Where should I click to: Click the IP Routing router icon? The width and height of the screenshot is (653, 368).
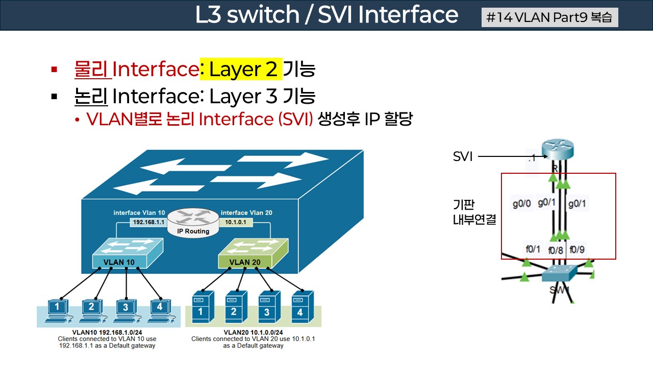pyautogui.click(x=193, y=223)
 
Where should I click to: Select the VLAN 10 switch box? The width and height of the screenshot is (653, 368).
pyautogui.click(x=127, y=255)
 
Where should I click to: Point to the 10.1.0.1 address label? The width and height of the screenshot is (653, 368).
pyautogui.click(x=236, y=223)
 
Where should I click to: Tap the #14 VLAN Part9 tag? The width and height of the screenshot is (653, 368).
pyautogui.click(x=549, y=17)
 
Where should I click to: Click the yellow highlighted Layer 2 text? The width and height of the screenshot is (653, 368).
pyautogui.click(x=241, y=70)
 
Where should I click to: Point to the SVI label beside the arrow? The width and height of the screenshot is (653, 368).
pyautogui.click(x=463, y=156)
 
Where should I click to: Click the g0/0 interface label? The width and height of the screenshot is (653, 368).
pyautogui.click(x=522, y=203)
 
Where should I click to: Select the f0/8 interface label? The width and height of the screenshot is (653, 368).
pyautogui.click(x=556, y=250)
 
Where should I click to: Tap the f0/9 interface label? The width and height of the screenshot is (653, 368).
pyautogui.click(x=577, y=250)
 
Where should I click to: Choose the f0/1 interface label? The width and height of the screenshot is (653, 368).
pyautogui.click(x=533, y=249)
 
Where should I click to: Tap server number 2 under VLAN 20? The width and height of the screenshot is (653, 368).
pyautogui.click(x=233, y=306)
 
